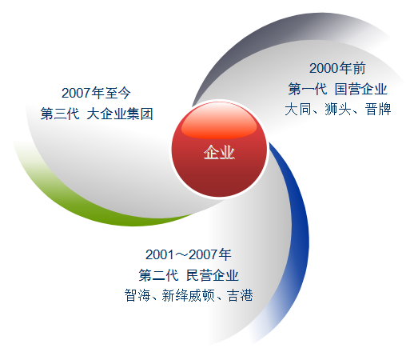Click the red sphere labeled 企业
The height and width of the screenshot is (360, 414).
(219, 150)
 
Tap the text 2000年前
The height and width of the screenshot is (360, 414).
(337, 68)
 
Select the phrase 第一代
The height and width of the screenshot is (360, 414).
(308, 89)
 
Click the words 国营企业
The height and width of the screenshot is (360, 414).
(360, 89)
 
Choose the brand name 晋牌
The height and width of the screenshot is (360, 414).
(378, 110)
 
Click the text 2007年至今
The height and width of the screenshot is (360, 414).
(96, 93)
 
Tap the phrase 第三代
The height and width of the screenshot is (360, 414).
(60, 114)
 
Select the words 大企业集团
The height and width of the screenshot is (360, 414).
(120, 114)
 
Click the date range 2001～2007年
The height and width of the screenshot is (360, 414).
(189, 254)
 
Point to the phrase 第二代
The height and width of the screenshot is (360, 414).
(158, 275)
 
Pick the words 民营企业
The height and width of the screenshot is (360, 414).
(213, 275)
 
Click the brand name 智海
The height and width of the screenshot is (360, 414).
(137, 295)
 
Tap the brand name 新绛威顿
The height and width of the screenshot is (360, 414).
(188, 295)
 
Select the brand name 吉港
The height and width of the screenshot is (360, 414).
(240, 295)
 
